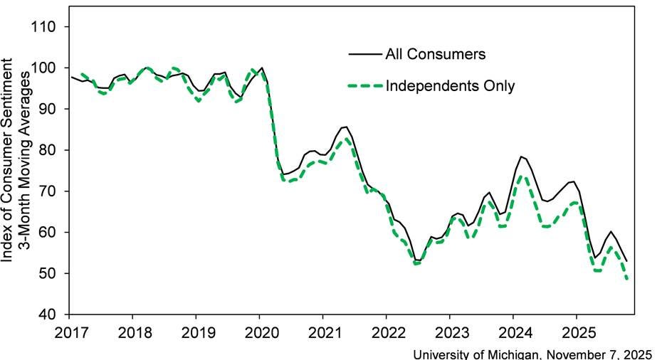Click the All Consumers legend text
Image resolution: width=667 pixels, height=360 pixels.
435,53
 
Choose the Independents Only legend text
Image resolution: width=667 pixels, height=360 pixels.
450,86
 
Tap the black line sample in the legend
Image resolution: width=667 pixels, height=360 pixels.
364,53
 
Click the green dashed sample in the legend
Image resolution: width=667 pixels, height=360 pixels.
364,86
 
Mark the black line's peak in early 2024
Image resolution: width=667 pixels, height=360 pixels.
522,156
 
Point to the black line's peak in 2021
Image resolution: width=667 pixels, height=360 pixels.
345,127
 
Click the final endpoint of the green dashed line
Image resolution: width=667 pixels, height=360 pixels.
627,279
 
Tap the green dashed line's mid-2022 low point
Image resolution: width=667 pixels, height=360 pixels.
417,263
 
